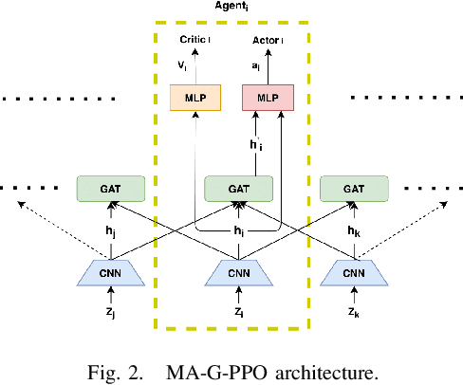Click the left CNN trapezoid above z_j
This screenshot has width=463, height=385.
click(111, 274)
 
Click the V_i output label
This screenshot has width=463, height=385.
click(182, 66)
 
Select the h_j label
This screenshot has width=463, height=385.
click(112, 231)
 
